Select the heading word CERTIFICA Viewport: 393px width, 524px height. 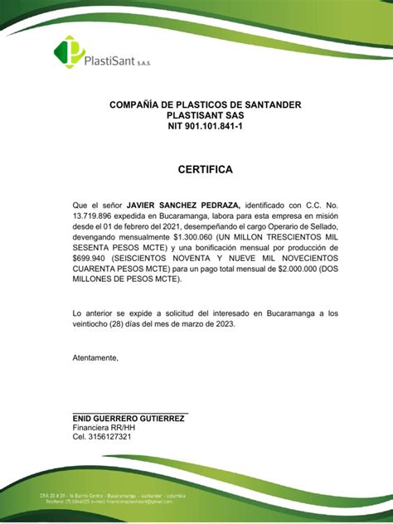coord(206,170)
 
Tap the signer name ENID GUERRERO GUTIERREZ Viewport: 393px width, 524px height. coord(129,420)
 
